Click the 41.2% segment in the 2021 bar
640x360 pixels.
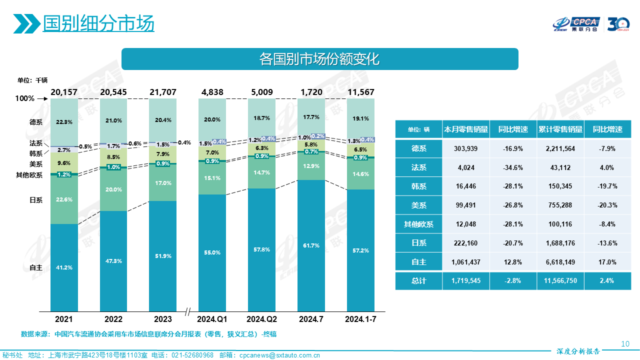pos(64,267)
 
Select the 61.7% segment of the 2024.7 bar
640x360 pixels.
pos(311,245)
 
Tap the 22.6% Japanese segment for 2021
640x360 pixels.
pos(64,199)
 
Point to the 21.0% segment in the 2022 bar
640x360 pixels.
pos(113,120)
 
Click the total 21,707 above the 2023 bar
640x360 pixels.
pos(163,92)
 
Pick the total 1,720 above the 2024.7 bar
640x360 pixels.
pos(311,92)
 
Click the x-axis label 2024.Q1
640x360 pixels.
pos(212,319)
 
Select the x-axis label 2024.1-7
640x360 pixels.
pos(361,319)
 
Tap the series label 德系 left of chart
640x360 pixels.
pos(36,122)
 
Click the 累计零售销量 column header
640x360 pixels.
pos(559,129)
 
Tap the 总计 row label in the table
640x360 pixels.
pos(418,281)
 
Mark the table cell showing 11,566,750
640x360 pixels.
pos(559,281)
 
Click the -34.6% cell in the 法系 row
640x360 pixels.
pos(513,167)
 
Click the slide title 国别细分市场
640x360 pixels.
pos(98,23)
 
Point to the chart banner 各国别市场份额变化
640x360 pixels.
pos(319,59)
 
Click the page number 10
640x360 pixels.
pos(624,344)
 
